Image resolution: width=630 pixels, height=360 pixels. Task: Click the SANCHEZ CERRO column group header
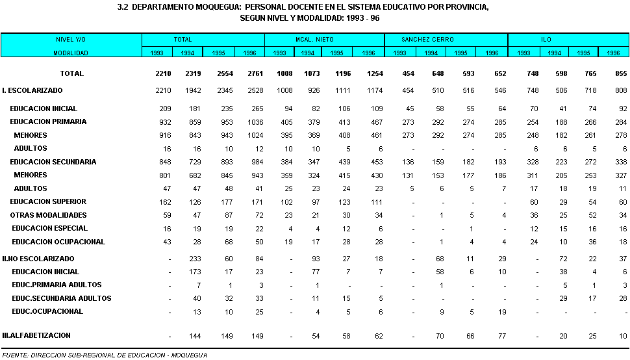(427, 40)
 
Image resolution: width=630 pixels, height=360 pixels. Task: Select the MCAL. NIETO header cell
(314, 40)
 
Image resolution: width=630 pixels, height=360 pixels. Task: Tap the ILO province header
(546, 40)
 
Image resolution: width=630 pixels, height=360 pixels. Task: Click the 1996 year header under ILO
(613, 53)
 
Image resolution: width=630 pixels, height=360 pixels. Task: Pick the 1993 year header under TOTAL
(157, 53)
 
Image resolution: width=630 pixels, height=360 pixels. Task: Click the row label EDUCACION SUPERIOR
(48, 201)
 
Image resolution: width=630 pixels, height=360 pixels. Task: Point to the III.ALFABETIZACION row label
(36, 335)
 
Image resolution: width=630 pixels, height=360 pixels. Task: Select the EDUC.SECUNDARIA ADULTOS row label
(62, 298)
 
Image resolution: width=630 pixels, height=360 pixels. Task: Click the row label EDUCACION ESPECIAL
(50, 228)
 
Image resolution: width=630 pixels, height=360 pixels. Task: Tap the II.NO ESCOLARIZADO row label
(38, 259)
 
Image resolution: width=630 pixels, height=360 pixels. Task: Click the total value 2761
(255, 73)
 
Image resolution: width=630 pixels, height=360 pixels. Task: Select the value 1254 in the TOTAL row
(375, 73)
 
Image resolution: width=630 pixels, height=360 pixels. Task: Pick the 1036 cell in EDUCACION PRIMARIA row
(255, 122)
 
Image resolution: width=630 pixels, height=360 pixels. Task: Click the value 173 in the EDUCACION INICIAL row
(195, 272)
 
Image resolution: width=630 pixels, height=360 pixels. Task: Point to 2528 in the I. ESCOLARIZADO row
(255, 91)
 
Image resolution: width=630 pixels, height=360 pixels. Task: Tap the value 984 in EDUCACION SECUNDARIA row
(258, 162)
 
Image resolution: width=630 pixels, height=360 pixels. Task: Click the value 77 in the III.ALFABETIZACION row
(502, 337)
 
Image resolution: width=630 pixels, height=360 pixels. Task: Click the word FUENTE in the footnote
(15, 355)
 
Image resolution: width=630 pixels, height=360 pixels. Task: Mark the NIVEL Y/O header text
(71, 40)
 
